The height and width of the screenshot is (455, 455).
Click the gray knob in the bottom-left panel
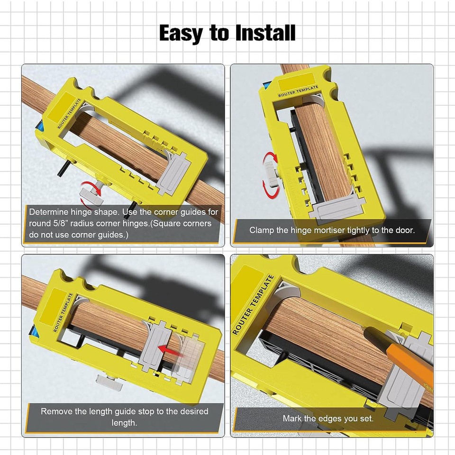point(108,380)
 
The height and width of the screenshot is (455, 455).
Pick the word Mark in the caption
point(292,419)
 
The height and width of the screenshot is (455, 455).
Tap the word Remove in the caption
point(56,411)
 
